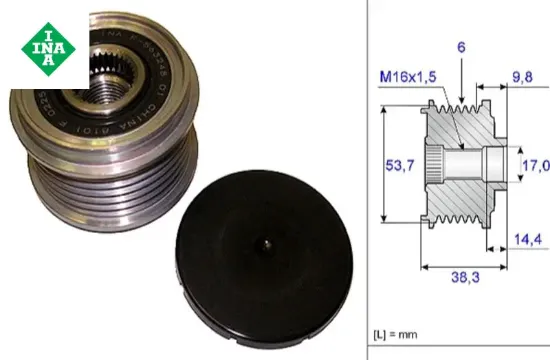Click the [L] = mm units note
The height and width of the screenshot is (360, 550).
(398, 329)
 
